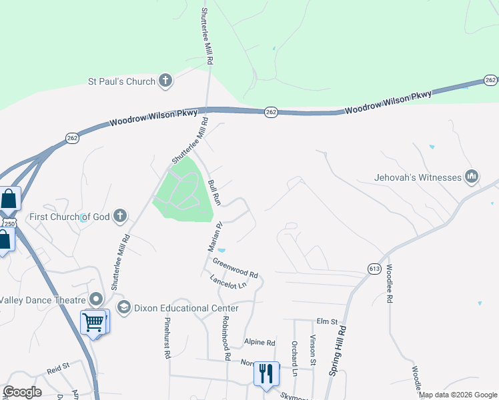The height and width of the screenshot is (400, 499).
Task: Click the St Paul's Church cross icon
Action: pos(165,81)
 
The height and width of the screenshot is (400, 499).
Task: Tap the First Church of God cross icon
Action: pos(119,215)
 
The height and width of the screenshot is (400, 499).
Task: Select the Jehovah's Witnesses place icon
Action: pos(472,177)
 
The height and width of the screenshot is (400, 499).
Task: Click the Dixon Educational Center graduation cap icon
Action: pos(123,307)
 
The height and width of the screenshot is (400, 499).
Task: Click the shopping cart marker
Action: pos(93,323)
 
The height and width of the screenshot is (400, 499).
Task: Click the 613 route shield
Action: pos(374,268)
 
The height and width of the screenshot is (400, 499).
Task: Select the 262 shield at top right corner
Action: pos(490,80)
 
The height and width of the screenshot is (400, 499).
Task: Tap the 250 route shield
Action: pos(7,221)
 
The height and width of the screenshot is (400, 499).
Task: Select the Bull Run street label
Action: pos(213,191)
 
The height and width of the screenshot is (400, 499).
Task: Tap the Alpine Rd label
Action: pos(260,343)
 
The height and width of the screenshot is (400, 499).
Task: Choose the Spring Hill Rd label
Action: pos(338,350)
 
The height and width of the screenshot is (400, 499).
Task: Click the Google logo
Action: pos(22,392)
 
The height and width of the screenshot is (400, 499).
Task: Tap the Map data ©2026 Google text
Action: pos(458,395)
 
